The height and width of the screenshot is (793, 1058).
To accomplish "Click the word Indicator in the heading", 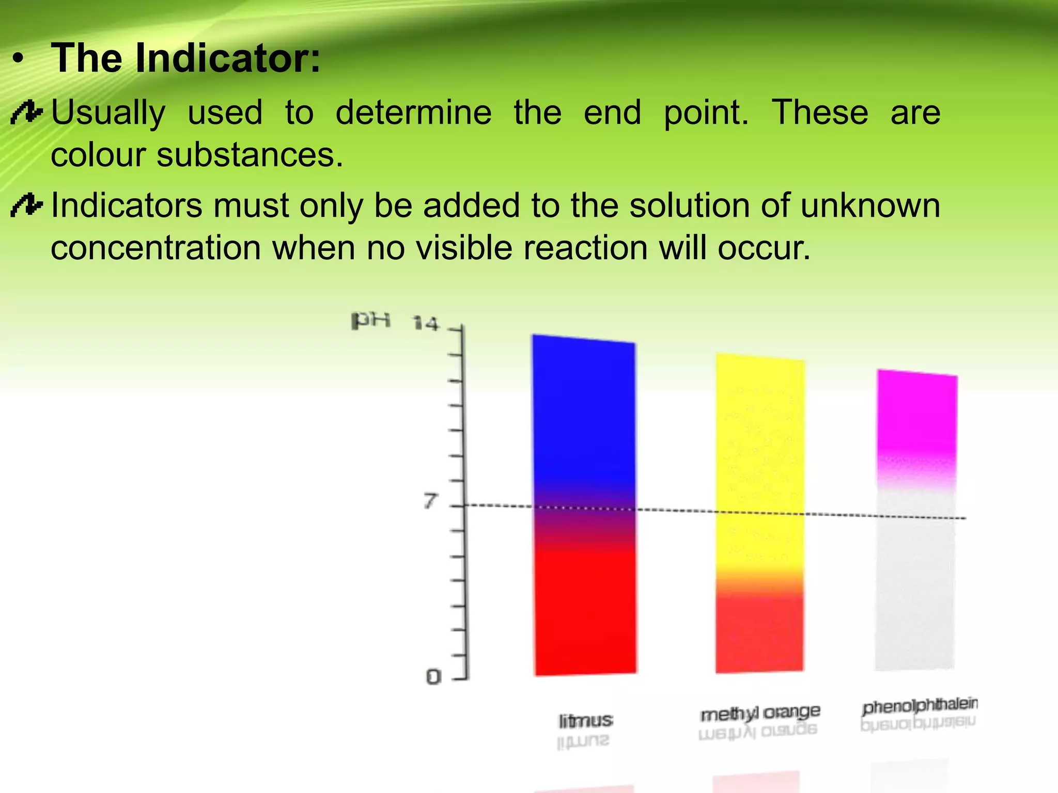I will pyautogui.click(x=227, y=58).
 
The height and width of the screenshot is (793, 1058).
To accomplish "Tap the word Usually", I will pyautogui.click(x=108, y=113).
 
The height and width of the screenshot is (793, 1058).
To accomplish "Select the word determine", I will pyautogui.click(x=413, y=113).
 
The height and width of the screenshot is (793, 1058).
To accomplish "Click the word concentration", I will pyautogui.click(x=155, y=248).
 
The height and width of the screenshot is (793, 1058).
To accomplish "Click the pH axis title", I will pyautogui.click(x=370, y=320).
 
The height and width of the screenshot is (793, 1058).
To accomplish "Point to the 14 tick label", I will pyautogui.click(x=426, y=324).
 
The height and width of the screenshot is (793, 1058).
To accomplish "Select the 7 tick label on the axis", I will pyautogui.click(x=430, y=501).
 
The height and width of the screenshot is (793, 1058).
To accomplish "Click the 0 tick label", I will pyautogui.click(x=433, y=676).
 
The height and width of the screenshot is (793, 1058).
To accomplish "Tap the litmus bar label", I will pyautogui.click(x=585, y=721).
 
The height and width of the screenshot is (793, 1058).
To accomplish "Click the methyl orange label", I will pyautogui.click(x=759, y=713).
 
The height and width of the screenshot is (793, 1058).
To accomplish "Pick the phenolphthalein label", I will pyautogui.click(x=920, y=705).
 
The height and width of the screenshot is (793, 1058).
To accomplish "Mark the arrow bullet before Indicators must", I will pyautogui.click(x=26, y=205).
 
